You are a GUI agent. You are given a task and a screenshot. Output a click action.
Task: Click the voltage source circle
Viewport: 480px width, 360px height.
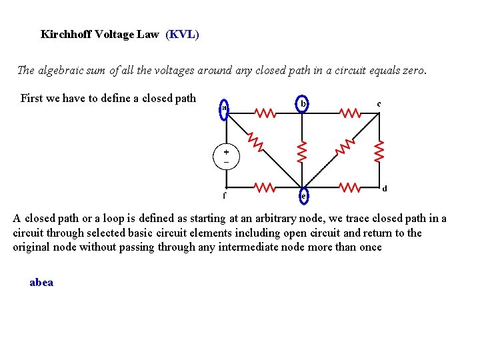point(225,156)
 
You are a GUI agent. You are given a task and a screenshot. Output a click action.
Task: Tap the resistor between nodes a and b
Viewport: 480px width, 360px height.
point(265,113)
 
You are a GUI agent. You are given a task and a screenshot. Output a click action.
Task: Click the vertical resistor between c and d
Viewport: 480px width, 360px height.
point(379,150)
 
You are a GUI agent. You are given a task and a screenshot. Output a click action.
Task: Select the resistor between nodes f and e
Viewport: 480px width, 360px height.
point(265,187)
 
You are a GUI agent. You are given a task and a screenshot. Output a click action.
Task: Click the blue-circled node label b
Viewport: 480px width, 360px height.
point(303,104)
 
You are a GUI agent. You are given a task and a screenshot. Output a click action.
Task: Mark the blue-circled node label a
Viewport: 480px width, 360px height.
point(225,108)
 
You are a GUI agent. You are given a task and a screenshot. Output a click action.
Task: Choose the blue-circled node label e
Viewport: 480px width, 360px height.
point(303,196)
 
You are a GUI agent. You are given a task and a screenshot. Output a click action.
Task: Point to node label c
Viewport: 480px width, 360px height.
point(379,103)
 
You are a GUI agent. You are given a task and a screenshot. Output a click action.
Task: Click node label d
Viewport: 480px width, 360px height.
point(385,189)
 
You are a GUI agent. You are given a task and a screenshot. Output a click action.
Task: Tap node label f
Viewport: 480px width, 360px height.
point(224,196)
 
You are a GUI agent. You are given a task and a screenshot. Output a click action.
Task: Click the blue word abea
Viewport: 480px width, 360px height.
point(41,282)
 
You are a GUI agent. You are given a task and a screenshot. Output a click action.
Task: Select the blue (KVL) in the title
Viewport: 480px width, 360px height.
point(182,34)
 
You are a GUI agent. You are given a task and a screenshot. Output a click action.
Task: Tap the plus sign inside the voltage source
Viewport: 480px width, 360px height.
point(225,151)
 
